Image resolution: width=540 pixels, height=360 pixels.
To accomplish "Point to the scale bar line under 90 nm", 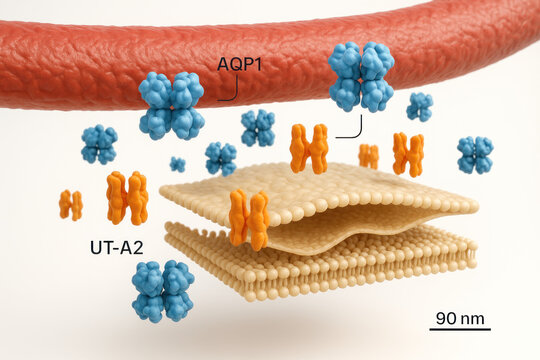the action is click(461, 329).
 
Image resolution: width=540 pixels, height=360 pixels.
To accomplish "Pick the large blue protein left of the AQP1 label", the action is click(171, 105).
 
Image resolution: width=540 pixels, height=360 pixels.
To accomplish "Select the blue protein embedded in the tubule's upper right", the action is click(361, 76).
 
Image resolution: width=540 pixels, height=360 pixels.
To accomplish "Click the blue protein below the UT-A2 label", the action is click(163, 291).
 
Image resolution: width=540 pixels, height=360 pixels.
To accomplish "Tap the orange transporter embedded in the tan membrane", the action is click(249, 218).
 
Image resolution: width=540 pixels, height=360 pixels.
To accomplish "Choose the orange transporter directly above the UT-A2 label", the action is click(127, 197).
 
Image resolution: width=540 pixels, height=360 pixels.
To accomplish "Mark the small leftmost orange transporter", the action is click(70, 204).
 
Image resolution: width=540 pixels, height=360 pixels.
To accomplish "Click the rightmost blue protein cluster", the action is click(475, 155).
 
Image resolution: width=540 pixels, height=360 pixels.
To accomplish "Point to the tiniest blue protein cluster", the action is click(177, 164).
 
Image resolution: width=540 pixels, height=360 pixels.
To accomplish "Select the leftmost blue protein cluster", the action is click(99, 144).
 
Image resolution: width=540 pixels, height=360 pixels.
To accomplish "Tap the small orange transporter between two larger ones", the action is click(369, 156).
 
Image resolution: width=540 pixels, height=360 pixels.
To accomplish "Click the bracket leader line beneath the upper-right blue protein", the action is click(350, 130).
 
